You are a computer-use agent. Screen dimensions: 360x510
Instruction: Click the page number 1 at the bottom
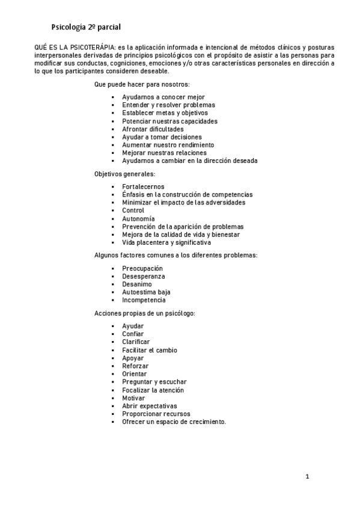pyautogui.click(x=307, y=477)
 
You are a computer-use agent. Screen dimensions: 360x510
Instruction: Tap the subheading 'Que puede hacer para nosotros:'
pyautogui.click(x=142, y=84)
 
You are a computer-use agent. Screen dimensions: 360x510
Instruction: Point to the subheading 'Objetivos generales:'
pyautogui.click(x=124, y=174)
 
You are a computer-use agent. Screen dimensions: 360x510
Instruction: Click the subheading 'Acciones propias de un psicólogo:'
pyautogui.click(x=144, y=313)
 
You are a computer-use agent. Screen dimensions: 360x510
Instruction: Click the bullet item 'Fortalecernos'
pyautogui.click(x=143, y=186)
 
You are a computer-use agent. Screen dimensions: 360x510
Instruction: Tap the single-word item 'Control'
pyautogui.click(x=133, y=210)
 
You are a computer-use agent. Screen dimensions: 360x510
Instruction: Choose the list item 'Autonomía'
pyautogui.click(x=138, y=219)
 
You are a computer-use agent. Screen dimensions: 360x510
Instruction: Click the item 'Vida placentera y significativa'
pyautogui.click(x=166, y=243)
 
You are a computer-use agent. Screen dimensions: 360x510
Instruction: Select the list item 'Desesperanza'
pyautogui.click(x=144, y=276)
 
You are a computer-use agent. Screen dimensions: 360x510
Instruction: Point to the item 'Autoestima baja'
pyautogui.click(x=146, y=292)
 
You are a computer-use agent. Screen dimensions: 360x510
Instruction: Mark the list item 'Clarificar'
pyautogui.click(x=136, y=342)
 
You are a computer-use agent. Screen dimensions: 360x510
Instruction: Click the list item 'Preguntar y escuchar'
pyautogui.click(x=154, y=382)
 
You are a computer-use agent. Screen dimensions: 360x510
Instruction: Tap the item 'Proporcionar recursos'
pyautogui.click(x=156, y=414)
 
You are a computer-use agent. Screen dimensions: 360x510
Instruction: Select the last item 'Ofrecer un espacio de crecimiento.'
pyautogui.click(x=174, y=422)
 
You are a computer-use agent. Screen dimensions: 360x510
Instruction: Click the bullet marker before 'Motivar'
pyautogui.click(x=112, y=398)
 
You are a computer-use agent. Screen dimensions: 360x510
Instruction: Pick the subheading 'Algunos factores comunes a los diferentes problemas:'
pyautogui.click(x=176, y=255)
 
